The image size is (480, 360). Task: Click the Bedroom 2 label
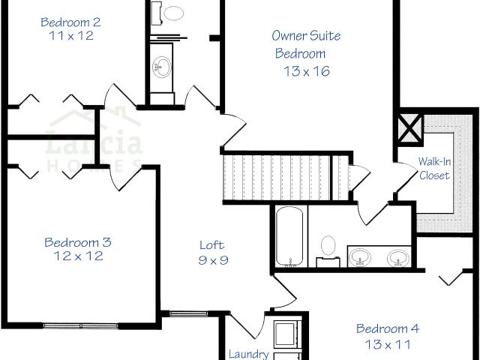pyautogui.click(x=70, y=22)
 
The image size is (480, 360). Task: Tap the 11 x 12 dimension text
pyautogui.click(x=71, y=36)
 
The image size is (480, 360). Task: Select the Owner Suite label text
pyautogui.click(x=306, y=35)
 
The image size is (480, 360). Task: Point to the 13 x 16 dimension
pyautogui.click(x=307, y=71)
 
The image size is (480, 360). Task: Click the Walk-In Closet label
pyautogui.click(x=435, y=168)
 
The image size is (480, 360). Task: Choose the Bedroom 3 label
pyautogui.click(x=78, y=242)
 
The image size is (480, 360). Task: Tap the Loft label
pyautogui.click(x=212, y=245)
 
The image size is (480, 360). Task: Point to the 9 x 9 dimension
pyautogui.click(x=213, y=260)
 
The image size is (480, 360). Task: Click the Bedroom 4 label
pyautogui.click(x=388, y=328)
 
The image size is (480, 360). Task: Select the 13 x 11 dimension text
pyautogui.click(x=388, y=345)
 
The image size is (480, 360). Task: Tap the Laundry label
pyautogui.click(x=249, y=355)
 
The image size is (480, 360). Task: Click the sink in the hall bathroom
pyautogui.click(x=162, y=67)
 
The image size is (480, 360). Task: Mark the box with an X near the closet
pyautogui.click(x=410, y=128)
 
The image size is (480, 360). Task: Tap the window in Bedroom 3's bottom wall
pyautogui.click(x=80, y=326)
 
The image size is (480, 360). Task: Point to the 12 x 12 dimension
pyautogui.click(x=78, y=256)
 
